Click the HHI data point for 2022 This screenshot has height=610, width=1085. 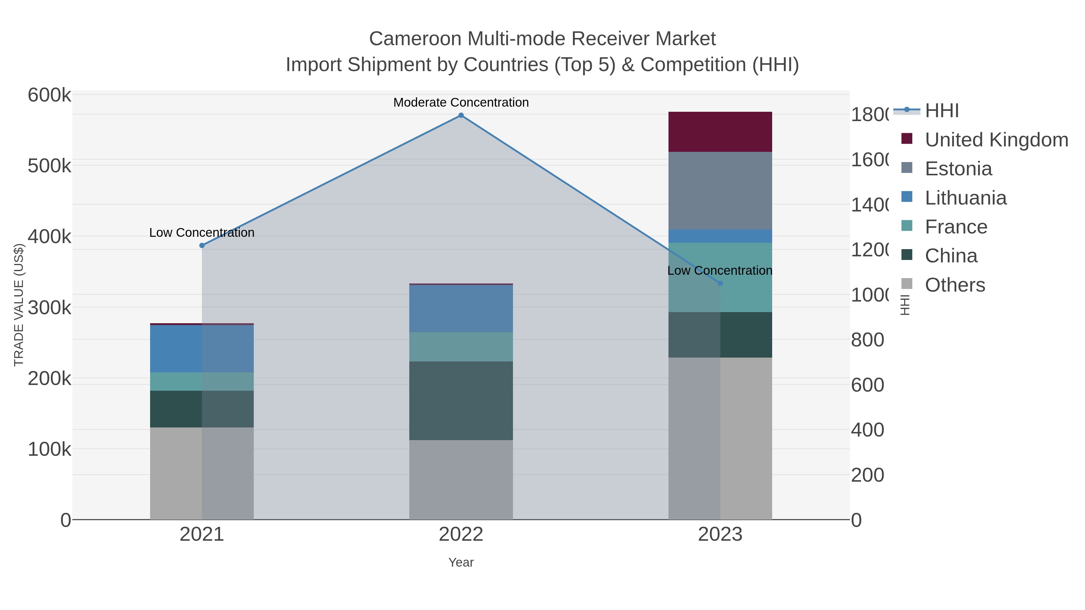point(461,115)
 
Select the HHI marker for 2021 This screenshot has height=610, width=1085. point(202,246)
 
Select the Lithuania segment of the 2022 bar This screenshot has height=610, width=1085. point(461,308)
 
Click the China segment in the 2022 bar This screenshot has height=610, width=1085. point(461,400)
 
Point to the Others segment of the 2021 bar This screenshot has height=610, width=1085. point(202,473)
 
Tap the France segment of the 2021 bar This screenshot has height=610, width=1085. point(202,381)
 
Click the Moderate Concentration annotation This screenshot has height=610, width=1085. point(461,103)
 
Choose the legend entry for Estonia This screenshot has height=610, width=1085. point(958,169)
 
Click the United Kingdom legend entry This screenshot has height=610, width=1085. point(996,140)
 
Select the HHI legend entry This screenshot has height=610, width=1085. point(942,111)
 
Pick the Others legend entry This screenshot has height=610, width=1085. point(955,285)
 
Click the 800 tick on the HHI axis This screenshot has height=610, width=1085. point(867,340)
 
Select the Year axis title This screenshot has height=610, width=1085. point(461,562)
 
